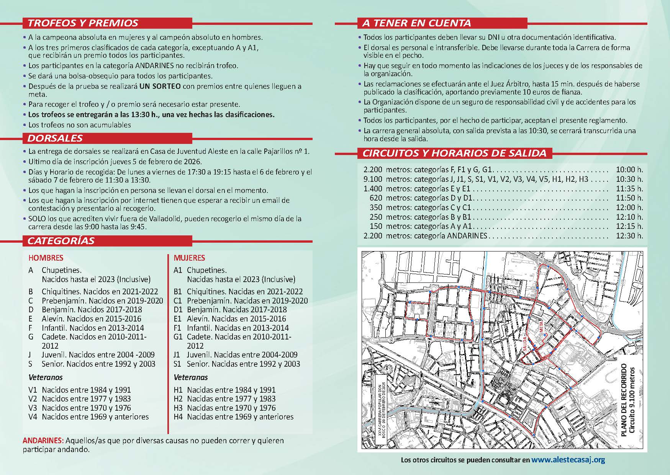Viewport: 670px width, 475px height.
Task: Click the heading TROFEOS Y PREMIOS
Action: click(x=83, y=23)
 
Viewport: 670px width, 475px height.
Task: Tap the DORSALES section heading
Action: click(x=55, y=138)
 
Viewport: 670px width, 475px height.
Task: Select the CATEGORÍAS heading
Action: click(x=61, y=241)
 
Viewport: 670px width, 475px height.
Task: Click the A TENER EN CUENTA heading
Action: click(x=416, y=23)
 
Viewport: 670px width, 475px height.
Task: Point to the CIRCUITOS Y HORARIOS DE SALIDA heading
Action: click(x=454, y=153)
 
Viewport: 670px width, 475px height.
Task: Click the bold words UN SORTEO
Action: click(x=160, y=87)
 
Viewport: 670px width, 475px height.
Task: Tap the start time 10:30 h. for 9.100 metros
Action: click(x=629, y=179)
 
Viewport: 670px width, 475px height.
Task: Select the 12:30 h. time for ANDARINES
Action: click(x=629, y=236)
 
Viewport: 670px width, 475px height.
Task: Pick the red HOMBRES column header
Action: click(x=46, y=258)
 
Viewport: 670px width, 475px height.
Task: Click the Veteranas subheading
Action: click(x=191, y=377)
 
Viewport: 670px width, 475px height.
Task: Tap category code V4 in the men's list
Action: click(x=33, y=417)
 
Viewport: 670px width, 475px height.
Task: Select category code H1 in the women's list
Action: click(x=179, y=390)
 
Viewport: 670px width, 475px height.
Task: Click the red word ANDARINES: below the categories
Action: click(x=43, y=441)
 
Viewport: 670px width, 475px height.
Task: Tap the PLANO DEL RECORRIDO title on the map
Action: click(x=624, y=400)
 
